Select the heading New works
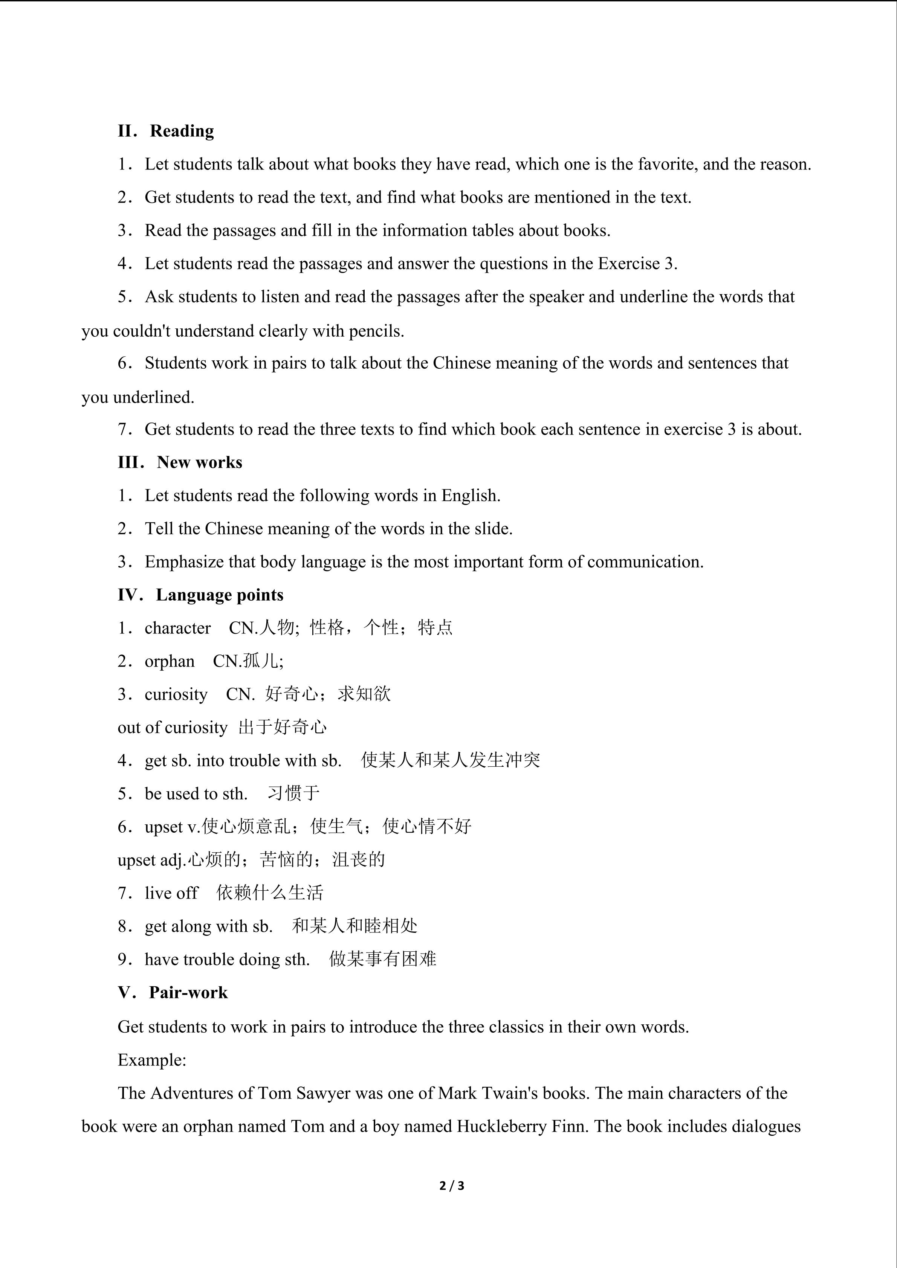click(x=199, y=462)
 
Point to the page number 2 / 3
click(x=451, y=1185)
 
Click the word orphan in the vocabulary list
click(x=170, y=661)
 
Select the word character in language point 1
click(x=177, y=628)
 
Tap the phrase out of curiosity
click(x=172, y=727)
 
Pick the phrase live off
click(x=171, y=893)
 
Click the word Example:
click(x=152, y=1060)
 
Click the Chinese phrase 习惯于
click(x=293, y=793)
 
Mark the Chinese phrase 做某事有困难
click(x=383, y=959)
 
